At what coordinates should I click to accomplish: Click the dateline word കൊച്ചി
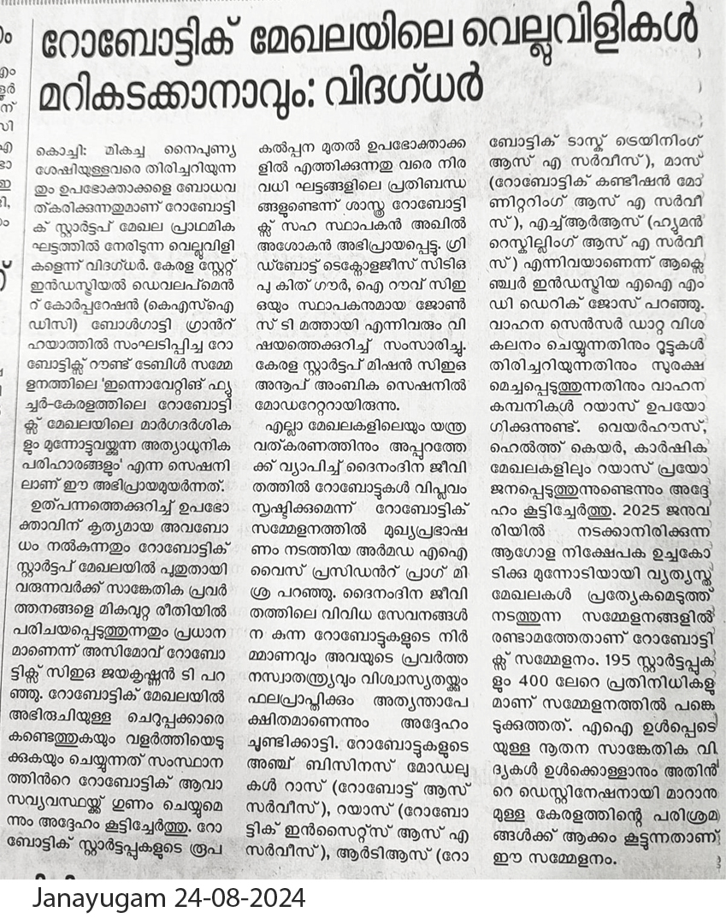click(x=61, y=147)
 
